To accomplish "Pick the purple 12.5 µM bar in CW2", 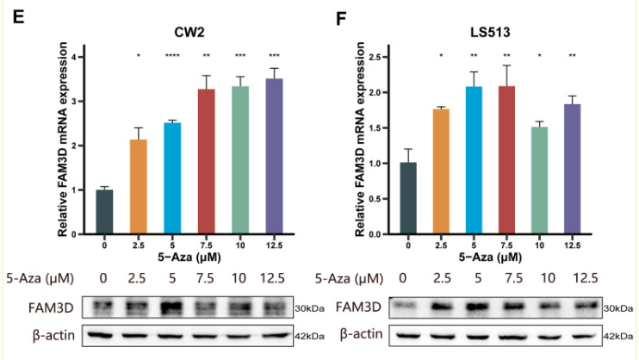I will pyautogui.click(x=275, y=156).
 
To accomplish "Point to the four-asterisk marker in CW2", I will pyautogui.click(x=173, y=58).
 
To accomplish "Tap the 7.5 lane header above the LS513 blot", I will pyautogui.click(x=506, y=276).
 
